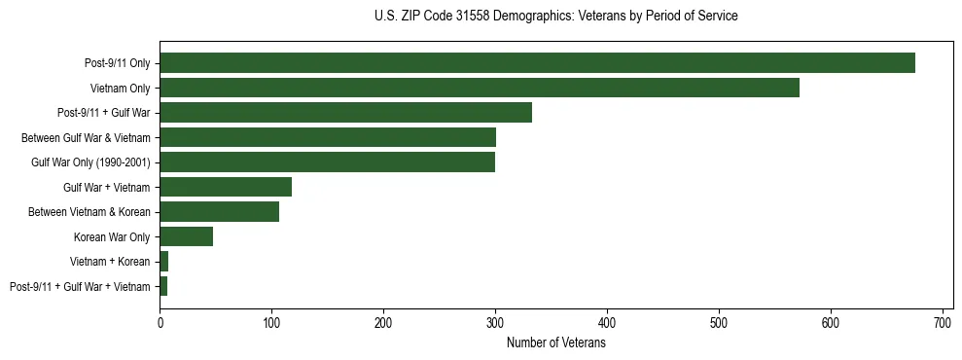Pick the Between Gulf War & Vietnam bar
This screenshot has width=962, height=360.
click(x=328, y=137)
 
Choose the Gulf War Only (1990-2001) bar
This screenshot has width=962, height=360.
click(x=327, y=162)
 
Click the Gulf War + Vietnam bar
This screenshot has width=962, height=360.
click(x=226, y=187)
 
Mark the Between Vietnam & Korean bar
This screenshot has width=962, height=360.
click(x=219, y=212)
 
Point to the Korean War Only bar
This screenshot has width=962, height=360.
click(x=186, y=236)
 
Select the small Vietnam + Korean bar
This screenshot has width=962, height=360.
click(x=164, y=262)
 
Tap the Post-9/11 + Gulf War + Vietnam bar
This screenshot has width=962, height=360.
click(x=163, y=286)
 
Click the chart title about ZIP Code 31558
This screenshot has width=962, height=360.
click(x=555, y=16)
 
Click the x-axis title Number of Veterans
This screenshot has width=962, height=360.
click(x=555, y=343)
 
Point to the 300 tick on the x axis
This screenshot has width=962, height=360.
click(x=495, y=322)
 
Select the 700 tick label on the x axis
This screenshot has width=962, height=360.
click(x=943, y=322)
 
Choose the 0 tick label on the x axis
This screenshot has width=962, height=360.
click(x=160, y=322)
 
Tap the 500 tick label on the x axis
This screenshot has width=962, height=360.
click(x=719, y=322)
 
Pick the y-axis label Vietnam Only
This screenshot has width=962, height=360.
click(x=120, y=88)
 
